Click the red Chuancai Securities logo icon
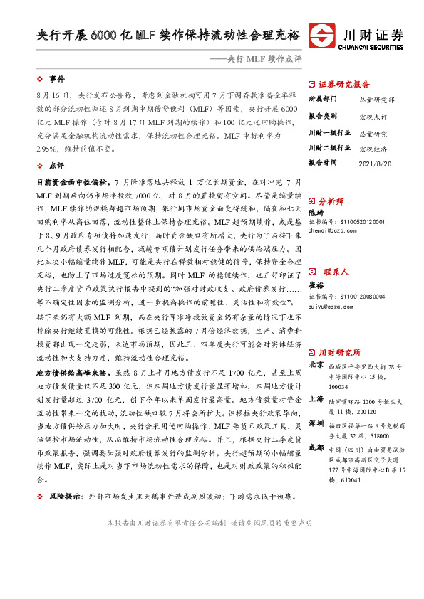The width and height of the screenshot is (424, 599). pyautogui.click(x=324, y=35)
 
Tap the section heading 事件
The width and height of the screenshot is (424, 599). pyautogui.click(x=56, y=78)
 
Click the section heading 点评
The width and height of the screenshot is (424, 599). pyautogui.click(x=56, y=164)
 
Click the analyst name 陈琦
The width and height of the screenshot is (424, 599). pyautogui.click(x=315, y=212)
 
